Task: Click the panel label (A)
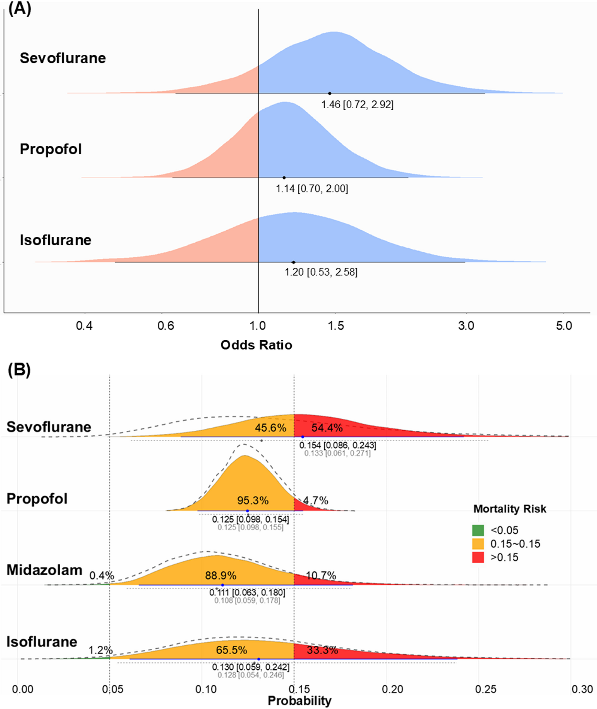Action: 19,8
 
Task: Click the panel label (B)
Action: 19,370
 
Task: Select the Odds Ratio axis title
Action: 256,345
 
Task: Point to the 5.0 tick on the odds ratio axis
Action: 564,326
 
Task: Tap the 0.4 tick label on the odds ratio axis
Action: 84,326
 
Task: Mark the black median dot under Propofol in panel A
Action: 284,178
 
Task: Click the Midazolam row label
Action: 44,570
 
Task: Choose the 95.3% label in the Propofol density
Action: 253,500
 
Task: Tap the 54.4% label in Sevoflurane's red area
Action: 327,428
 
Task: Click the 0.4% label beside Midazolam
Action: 101,575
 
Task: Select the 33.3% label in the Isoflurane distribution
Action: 322,650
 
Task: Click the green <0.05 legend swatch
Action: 478,530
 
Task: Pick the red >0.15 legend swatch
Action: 478,557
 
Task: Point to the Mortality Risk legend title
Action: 510,509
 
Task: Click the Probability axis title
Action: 300,701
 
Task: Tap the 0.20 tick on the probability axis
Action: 393,689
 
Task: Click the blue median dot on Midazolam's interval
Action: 222,585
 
